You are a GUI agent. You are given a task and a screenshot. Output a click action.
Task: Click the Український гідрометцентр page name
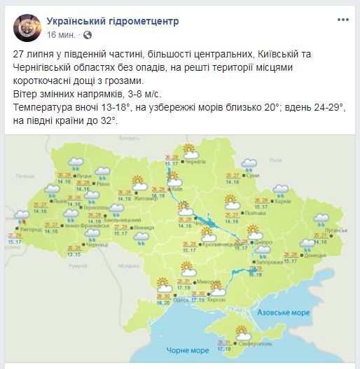point(112,21)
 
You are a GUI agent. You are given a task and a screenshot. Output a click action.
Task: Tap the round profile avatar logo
point(26,27)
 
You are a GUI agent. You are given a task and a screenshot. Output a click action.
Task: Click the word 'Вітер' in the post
point(25,92)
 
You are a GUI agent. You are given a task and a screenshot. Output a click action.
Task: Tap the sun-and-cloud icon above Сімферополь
point(242,332)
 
